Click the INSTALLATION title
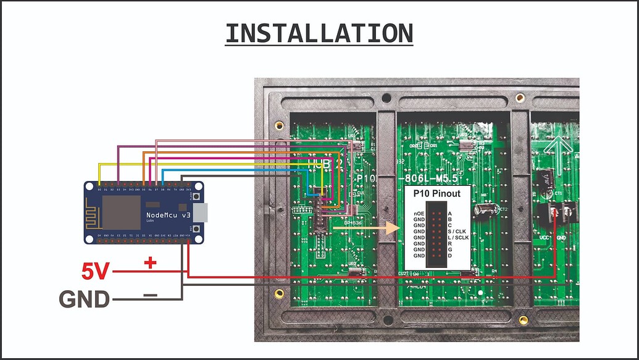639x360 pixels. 319,33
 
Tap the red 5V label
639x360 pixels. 96,271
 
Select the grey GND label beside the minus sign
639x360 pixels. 84,299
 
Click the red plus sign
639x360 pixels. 150,263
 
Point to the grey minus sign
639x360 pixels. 150,295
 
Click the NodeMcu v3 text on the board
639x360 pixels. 170,216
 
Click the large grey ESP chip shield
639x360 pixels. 121,213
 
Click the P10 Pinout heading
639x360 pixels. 436,193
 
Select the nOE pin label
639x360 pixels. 418,213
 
